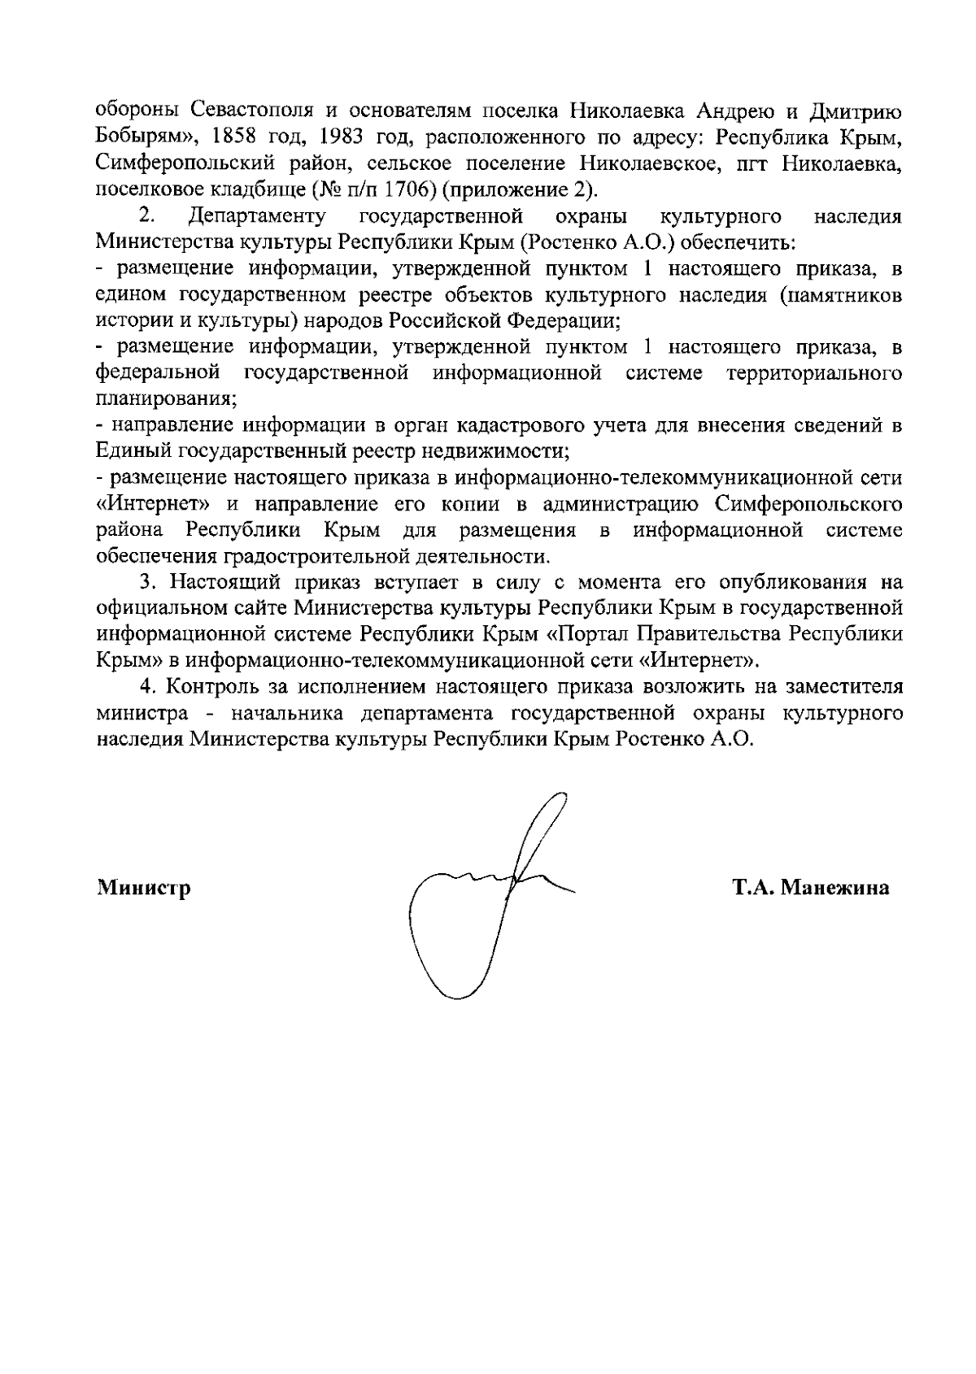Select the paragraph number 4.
tap(146, 687)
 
